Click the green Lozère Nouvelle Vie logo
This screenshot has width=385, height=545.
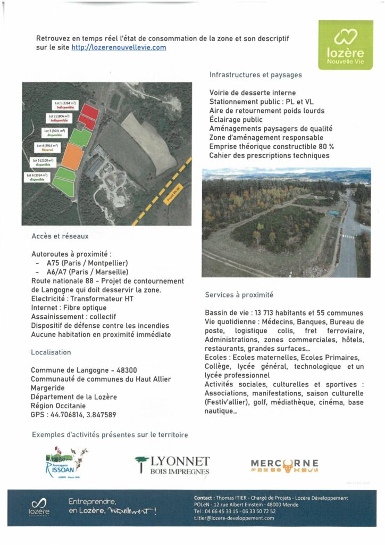345,45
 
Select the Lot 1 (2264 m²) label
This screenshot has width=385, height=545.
63,105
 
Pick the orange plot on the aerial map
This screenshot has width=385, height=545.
72,156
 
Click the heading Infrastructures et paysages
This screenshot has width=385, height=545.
255,75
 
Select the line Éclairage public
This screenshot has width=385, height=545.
236,120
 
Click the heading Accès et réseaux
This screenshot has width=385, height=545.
60,236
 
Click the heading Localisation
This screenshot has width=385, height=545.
51,352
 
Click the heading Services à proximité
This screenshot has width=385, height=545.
239,295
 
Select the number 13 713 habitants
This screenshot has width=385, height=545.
270,312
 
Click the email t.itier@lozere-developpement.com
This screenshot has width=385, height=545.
234,518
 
